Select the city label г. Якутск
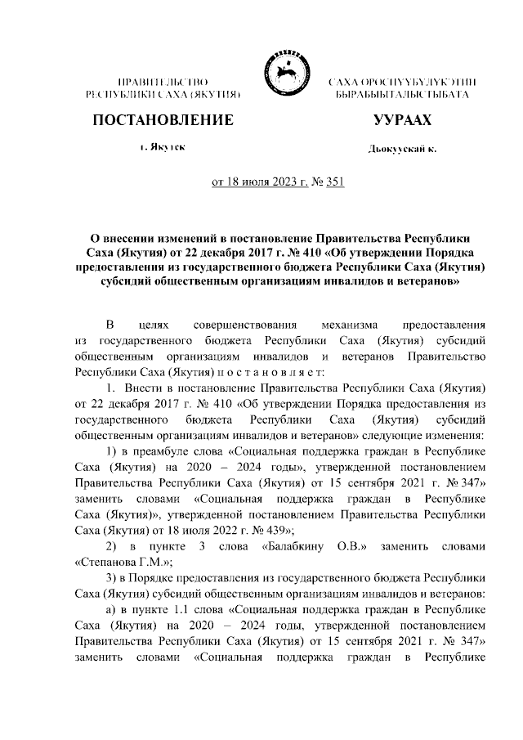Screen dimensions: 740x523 pos(162,147)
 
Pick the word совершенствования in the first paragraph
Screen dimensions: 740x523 pos(239,324)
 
